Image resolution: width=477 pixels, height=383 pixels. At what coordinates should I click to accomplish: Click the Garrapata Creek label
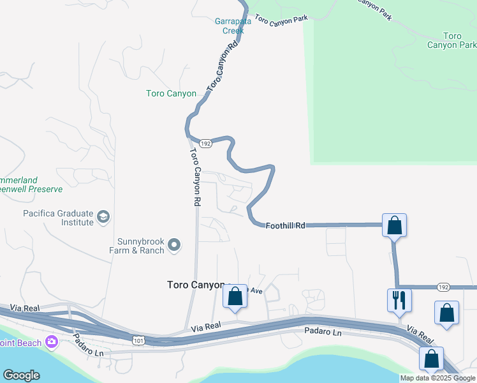point(233,25)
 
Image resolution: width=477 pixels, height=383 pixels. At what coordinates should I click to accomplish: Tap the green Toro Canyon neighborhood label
point(171,93)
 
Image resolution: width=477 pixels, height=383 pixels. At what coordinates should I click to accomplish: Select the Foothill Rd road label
point(285,225)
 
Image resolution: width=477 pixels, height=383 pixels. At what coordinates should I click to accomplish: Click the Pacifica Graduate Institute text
point(58,218)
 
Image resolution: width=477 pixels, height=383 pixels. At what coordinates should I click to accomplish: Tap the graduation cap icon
point(103,218)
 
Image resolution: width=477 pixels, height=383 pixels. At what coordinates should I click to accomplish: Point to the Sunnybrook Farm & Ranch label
point(140,246)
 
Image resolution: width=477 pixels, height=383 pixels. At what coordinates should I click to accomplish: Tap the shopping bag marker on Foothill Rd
point(394,225)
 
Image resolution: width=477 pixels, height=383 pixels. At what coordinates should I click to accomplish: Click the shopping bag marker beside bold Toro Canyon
point(235,297)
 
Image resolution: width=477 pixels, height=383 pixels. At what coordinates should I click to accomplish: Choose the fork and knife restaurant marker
point(399,300)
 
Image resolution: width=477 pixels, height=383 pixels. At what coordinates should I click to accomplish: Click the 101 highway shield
point(140,342)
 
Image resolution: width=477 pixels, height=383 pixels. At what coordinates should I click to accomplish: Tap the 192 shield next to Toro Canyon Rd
point(205,144)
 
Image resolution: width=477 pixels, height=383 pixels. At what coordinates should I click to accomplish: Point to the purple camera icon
point(51,342)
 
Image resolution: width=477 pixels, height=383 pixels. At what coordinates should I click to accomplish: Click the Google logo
point(21,375)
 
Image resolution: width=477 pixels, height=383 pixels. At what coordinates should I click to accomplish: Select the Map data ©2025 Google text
point(437,378)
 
